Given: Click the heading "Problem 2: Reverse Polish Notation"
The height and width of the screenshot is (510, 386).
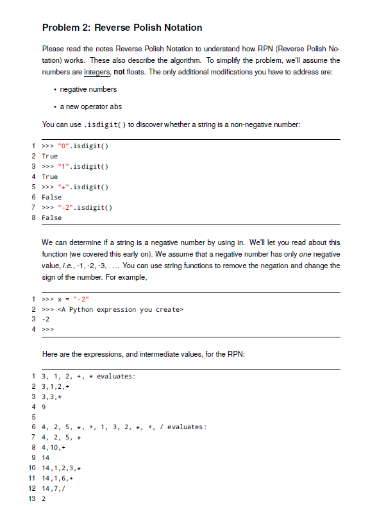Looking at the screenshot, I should coord(122,28).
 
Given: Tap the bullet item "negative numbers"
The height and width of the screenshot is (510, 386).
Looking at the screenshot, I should coord(88,89).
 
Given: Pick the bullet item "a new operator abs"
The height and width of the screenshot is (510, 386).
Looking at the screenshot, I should coord(90,106).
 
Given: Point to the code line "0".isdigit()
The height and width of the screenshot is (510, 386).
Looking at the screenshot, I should coord(83,146).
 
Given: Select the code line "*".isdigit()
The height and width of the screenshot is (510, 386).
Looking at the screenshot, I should coord(83,187).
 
